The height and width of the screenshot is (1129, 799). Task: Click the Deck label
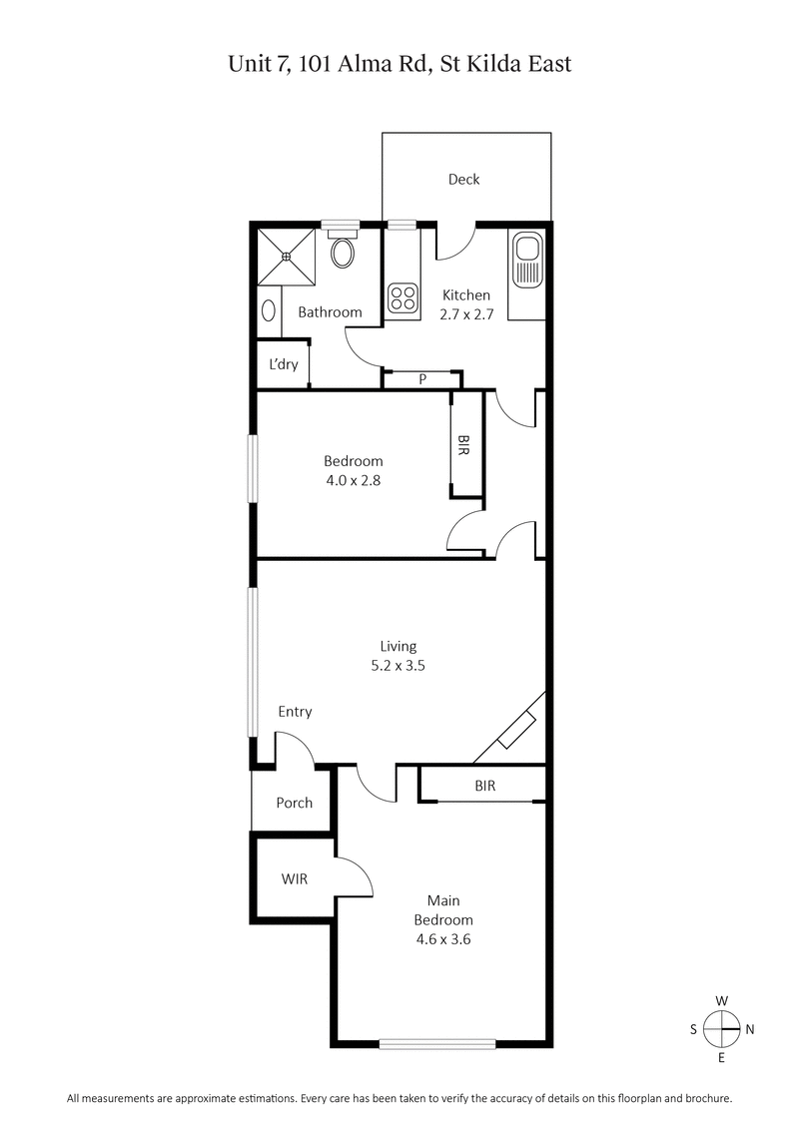463,180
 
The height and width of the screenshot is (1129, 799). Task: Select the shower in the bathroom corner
287,257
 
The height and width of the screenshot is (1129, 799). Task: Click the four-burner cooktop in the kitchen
403,297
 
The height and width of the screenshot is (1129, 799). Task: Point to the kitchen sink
525,261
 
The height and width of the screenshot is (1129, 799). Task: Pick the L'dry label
284,364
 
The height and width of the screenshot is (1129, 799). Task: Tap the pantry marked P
422,379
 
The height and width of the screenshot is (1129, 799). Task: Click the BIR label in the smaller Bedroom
463,444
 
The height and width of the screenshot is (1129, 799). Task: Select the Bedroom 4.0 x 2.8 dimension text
353,479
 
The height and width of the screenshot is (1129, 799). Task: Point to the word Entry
295,712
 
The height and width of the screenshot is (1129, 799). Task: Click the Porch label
294,803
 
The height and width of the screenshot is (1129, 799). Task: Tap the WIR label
294,879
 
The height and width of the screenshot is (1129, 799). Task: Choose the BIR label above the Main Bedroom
485,787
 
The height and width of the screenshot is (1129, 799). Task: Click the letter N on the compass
750,1030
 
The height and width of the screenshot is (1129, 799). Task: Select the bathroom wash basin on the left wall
267,309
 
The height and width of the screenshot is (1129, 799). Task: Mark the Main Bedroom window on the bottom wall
437,1044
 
